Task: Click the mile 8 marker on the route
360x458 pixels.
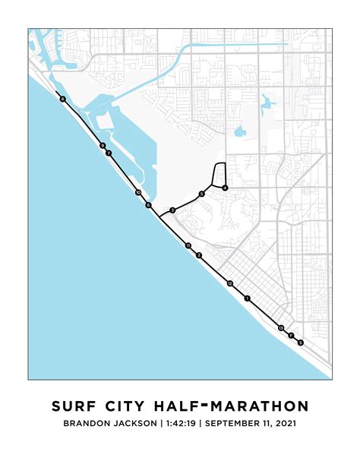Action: coord(62,99)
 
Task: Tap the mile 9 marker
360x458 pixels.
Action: coord(102,146)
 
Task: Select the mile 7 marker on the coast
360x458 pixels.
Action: coord(109,153)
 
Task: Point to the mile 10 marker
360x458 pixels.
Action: coord(137,193)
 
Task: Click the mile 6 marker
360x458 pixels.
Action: coord(149,205)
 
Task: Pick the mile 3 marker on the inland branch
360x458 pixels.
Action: coord(173,210)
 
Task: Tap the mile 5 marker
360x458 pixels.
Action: coord(202,194)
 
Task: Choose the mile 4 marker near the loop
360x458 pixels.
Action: coord(225,188)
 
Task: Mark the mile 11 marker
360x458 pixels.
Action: coord(188,245)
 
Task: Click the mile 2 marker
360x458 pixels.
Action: coord(199,255)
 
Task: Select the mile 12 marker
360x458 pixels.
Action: coord(229,283)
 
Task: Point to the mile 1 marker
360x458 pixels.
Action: coord(247,298)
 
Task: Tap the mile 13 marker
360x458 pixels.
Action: coord(281,328)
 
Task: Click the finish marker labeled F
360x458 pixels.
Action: coord(291,335)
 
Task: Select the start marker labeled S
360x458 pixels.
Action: coord(300,343)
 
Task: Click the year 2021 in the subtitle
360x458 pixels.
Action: coord(283,423)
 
